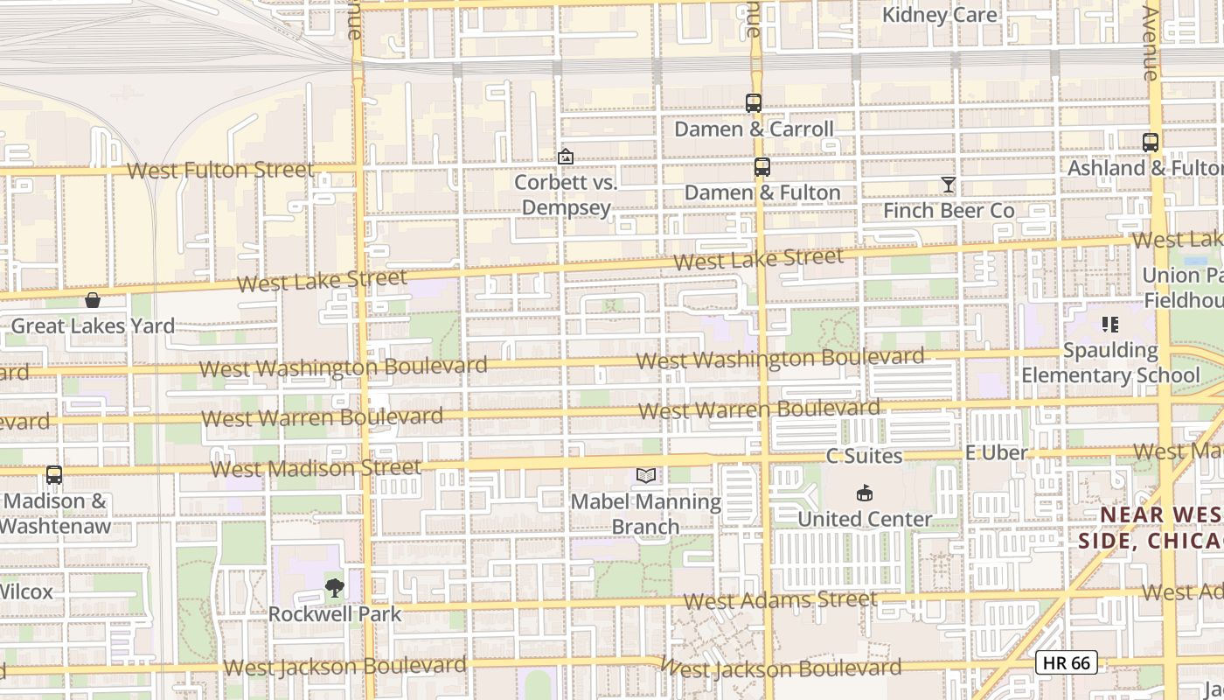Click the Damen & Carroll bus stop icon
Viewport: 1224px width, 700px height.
click(x=754, y=103)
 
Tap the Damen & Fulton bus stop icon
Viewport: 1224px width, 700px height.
click(x=762, y=167)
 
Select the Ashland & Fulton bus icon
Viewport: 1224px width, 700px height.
click(x=1151, y=142)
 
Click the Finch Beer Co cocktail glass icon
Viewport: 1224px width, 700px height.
click(x=949, y=184)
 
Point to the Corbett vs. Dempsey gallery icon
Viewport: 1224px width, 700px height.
click(x=566, y=157)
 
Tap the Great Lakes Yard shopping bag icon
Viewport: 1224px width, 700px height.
click(x=93, y=300)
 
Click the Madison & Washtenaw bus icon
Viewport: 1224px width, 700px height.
click(x=54, y=475)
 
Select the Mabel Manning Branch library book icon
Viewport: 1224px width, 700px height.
click(x=646, y=475)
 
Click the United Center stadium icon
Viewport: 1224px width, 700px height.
click(x=865, y=493)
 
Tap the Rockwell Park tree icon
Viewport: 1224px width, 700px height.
click(x=334, y=588)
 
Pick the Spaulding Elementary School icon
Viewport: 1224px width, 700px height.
click(x=1110, y=325)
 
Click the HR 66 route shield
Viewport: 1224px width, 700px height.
click(x=1067, y=662)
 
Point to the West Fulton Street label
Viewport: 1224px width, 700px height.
click(x=219, y=170)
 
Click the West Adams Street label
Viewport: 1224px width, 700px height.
click(x=779, y=600)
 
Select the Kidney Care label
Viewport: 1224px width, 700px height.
click(x=939, y=15)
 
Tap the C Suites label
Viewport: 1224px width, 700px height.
click(x=864, y=456)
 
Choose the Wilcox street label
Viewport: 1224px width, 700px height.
click(x=26, y=591)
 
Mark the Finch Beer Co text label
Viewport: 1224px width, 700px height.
click(x=949, y=211)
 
